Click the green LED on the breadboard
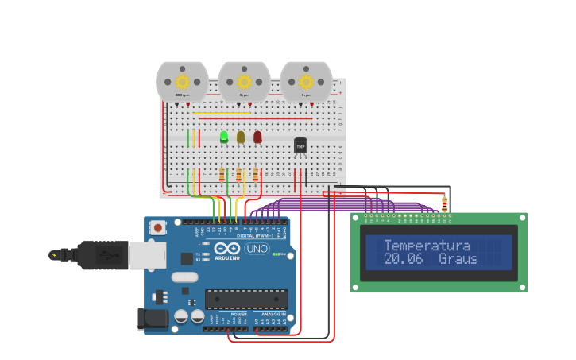(x=224, y=137)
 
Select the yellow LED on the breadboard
(x=241, y=137)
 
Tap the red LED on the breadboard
(x=257, y=137)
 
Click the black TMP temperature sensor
(x=300, y=145)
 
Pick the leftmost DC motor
(x=182, y=82)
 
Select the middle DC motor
(x=244, y=82)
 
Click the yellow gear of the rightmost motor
(x=306, y=81)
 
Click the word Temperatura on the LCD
(x=427, y=246)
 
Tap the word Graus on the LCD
(x=458, y=259)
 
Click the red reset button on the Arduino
(x=158, y=228)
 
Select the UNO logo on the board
(x=257, y=249)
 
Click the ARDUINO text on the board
(x=226, y=257)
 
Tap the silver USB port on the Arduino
(x=147, y=255)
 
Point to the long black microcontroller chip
(x=246, y=299)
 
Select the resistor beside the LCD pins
(x=444, y=204)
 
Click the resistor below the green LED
(x=222, y=175)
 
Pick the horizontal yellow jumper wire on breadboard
(x=222, y=113)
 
